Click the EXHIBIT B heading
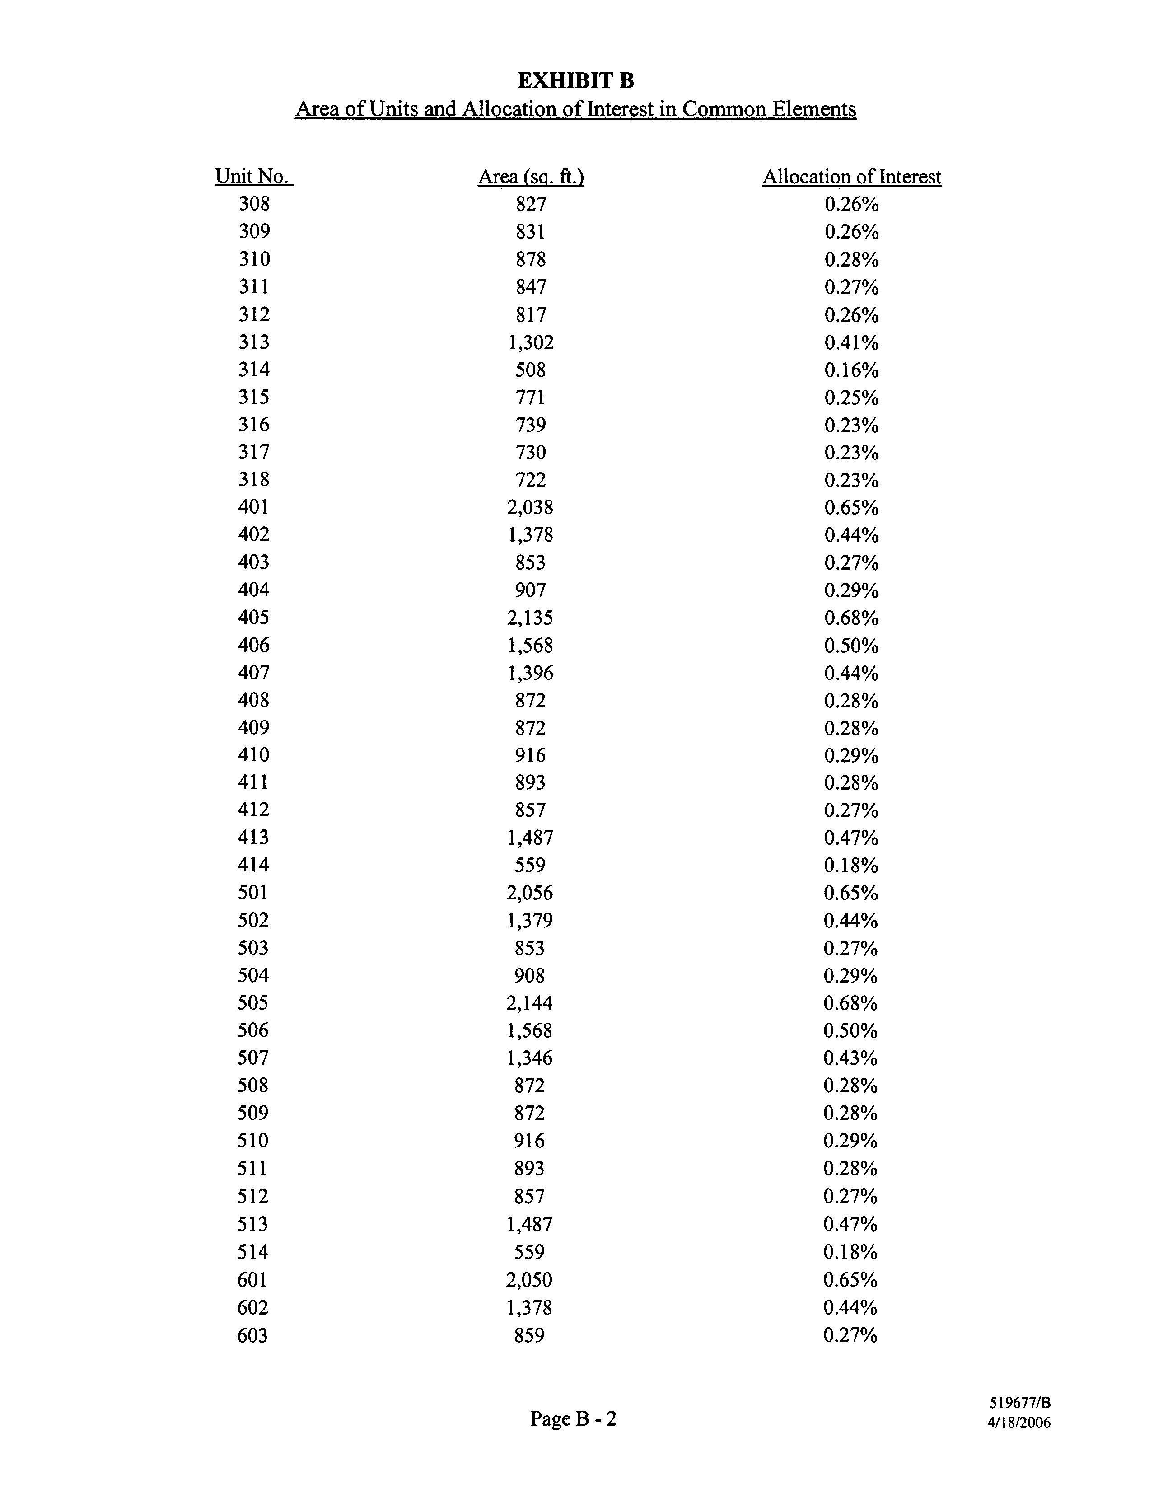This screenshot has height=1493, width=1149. point(575,81)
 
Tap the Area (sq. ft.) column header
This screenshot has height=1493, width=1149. point(530,177)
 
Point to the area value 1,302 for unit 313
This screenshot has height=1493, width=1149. point(530,342)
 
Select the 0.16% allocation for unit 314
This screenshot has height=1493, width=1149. point(851,370)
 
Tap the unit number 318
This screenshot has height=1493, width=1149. point(253,479)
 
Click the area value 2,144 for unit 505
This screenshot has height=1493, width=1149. point(530,1003)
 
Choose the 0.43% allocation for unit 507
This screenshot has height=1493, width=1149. point(850,1058)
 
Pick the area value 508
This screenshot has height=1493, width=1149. point(530,370)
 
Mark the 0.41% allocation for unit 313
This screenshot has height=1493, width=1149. point(851,342)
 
